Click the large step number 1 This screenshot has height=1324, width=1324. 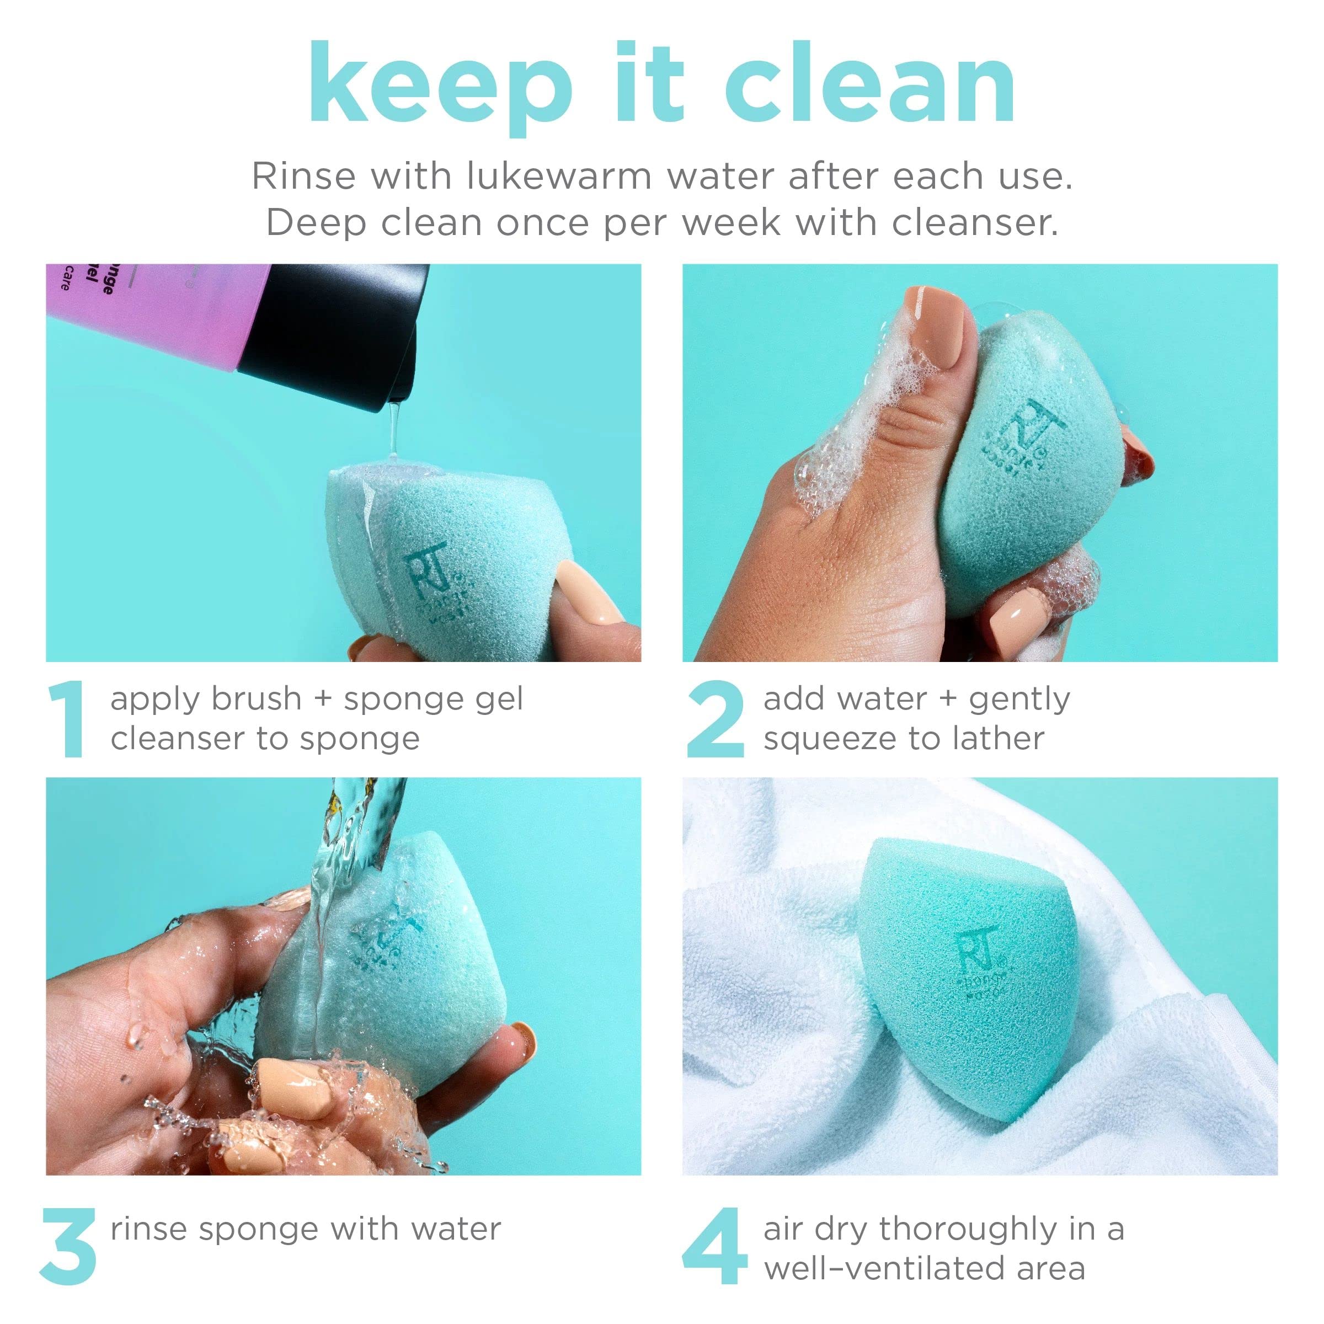click(66, 719)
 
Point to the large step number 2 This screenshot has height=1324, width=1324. click(715, 719)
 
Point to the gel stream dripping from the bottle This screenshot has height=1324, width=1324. click(393, 432)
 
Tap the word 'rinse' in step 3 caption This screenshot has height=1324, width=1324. click(148, 1229)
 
